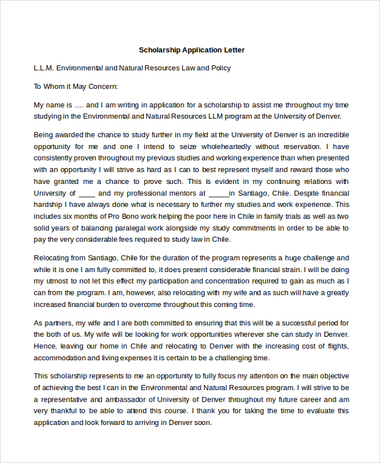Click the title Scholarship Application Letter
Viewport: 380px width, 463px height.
point(191,49)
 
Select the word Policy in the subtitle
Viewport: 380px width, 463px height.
point(220,68)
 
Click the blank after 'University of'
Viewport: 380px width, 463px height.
point(87,193)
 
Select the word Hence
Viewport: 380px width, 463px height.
point(44,346)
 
